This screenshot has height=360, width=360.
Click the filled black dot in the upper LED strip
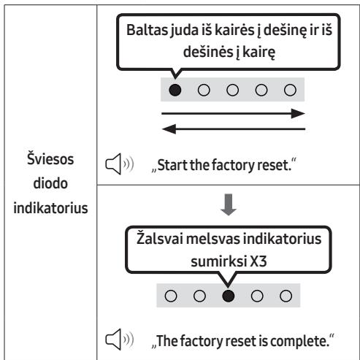point(175,90)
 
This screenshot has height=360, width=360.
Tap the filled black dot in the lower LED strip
point(229,296)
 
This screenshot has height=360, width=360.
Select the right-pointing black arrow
point(233,113)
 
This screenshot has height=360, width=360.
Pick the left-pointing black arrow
point(233,129)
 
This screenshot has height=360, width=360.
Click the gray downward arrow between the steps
point(229,204)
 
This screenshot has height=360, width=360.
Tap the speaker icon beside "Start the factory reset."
point(120,164)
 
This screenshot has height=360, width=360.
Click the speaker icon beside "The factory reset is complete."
point(120,340)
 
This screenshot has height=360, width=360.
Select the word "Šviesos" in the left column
point(50,159)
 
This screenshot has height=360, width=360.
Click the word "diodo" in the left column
point(50,183)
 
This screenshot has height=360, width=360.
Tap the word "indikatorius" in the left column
point(50,208)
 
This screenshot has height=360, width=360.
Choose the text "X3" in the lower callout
point(258,261)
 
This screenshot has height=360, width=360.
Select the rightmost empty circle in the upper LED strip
point(290,90)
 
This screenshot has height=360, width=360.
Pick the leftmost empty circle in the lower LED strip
point(171,296)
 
